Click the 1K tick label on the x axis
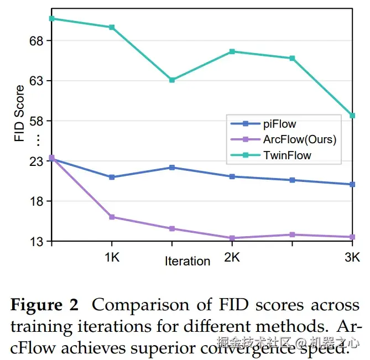tap(112, 257)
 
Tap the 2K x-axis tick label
tap(232, 257)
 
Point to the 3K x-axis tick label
tap(352, 257)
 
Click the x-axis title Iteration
tap(187, 261)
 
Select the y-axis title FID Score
tap(20, 113)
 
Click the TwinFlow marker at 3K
tap(352, 116)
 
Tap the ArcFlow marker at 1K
tap(112, 217)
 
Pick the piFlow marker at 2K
tap(232, 176)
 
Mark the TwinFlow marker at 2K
tap(232, 51)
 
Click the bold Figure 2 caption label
tap(45, 305)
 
